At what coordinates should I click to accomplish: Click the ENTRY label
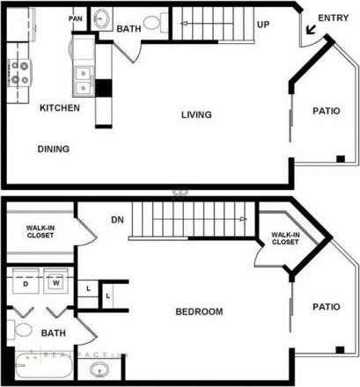pyautogui.click(x=333, y=18)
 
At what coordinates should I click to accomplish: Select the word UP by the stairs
pyautogui.click(x=262, y=25)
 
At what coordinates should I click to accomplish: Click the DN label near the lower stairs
pyautogui.click(x=116, y=220)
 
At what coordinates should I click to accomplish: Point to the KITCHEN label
pyautogui.click(x=60, y=108)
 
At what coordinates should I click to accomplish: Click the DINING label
pyautogui.click(x=54, y=149)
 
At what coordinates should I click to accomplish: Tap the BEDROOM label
pyautogui.click(x=199, y=311)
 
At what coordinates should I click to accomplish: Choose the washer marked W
pyautogui.click(x=55, y=284)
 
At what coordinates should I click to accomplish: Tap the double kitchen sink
pyautogui.click(x=84, y=80)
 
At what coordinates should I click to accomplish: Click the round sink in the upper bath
pyautogui.click(x=101, y=18)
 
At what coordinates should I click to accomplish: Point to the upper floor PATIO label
pyautogui.click(x=326, y=111)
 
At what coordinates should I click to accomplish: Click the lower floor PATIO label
pyautogui.click(x=326, y=307)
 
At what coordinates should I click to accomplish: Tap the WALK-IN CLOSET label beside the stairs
pyautogui.click(x=284, y=238)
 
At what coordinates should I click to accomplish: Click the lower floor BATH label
pyautogui.click(x=50, y=333)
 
